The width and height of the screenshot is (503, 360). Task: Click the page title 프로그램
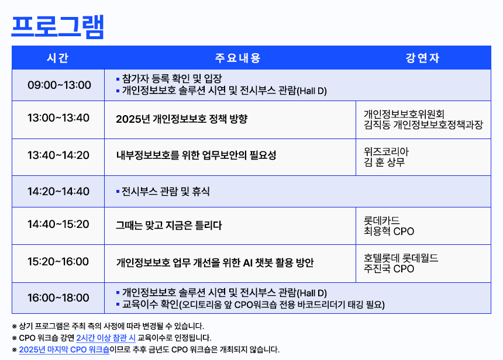[x=58, y=27]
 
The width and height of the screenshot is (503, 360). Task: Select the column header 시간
[x=58, y=58]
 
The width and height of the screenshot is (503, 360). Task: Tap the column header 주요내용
[x=237, y=58]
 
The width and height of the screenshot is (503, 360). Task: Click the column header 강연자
[x=422, y=58]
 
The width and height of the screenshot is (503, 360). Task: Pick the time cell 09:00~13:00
[x=59, y=85]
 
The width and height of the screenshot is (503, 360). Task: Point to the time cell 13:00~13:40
[x=58, y=117]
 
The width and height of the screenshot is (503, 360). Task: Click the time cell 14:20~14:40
[x=58, y=191]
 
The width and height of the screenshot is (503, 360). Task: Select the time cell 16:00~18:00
[x=58, y=298]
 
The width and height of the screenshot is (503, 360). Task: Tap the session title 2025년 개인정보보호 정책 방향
[x=182, y=119]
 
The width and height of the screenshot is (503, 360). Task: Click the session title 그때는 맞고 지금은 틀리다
[x=168, y=225]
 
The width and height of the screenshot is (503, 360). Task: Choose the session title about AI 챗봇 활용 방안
[x=215, y=262]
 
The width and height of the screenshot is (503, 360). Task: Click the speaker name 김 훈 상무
[x=384, y=162]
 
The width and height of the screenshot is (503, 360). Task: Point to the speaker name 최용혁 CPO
[x=389, y=231]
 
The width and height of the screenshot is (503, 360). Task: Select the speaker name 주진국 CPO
[x=389, y=269]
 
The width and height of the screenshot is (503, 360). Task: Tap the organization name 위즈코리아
[x=386, y=151]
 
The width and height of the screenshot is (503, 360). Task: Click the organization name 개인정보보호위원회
[x=404, y=114]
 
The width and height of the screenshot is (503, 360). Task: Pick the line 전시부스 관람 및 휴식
[x=163, y=191]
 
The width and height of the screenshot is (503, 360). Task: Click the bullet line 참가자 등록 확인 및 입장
[x=169, y=78]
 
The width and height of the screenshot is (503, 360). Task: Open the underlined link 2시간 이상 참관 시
[x=106, y=338]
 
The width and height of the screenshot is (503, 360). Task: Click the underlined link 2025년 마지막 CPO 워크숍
[x=64, y=349]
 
